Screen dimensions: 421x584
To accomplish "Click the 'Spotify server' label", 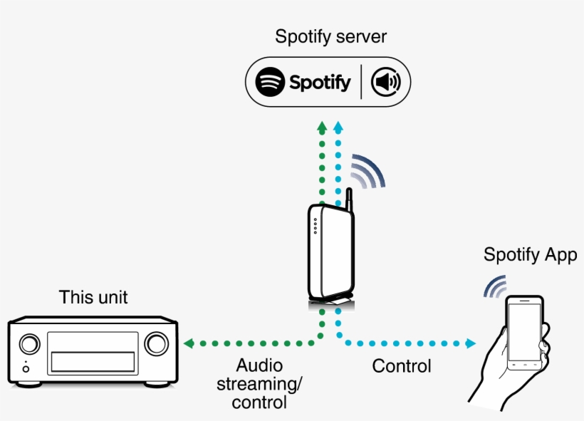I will click(330, 36).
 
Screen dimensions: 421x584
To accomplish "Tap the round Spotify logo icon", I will click(270, 83).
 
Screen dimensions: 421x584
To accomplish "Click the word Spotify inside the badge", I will click(320, 83).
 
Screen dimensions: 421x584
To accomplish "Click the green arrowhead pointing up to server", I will click(321, 128).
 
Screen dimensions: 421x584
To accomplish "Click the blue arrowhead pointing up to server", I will click(338, 128).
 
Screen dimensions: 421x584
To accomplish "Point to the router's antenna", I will click(349, 204).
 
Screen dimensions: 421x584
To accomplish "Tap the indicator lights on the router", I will click(316, 226).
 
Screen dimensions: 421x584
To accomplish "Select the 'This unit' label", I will click(93, 297).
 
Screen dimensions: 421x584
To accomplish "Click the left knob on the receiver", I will click(30, 344).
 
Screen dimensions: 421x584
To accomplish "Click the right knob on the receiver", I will click(155, 344).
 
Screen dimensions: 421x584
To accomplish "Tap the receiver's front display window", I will click(93, 351).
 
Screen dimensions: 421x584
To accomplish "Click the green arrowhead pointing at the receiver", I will click(189, 344).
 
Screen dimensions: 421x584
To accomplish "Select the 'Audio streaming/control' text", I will click(259, 384).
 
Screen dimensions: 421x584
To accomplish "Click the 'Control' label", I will click(402, 366).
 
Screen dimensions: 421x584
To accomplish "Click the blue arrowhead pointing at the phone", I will click(470, 344).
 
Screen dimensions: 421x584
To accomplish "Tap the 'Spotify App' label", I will click(530, 255).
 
